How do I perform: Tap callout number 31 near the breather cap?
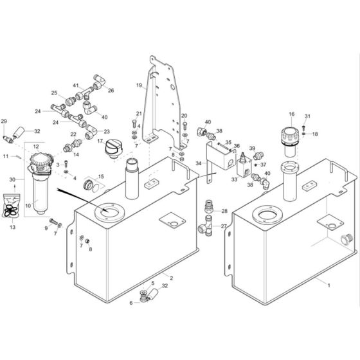(307, 116)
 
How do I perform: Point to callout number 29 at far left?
(4, 121)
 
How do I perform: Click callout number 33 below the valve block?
(233, 181)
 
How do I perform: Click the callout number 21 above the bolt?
(137, 114)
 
